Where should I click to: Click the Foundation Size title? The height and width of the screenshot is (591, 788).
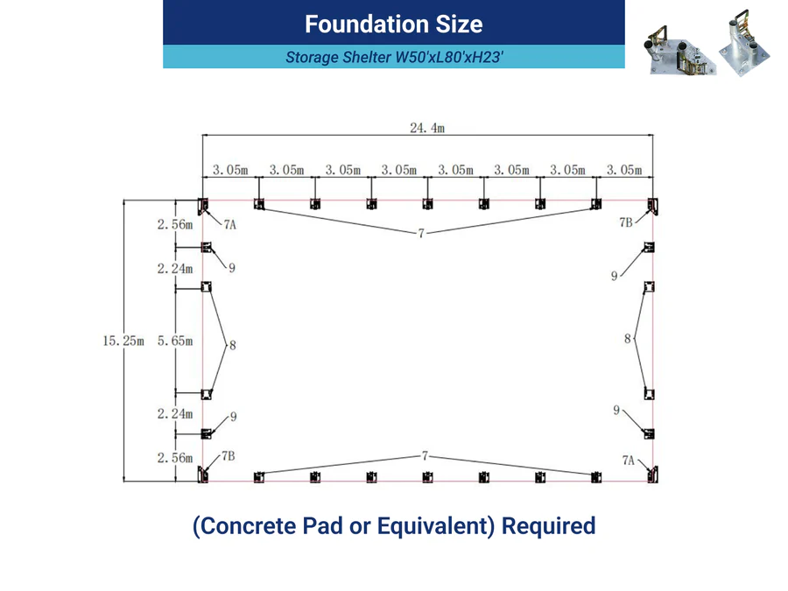point(393,25)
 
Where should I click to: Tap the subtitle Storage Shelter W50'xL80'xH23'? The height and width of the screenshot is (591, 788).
point(394,57)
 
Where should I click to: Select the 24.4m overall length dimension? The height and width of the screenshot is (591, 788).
point(427,128)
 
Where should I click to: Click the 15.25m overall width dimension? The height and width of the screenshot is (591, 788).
point(123,341)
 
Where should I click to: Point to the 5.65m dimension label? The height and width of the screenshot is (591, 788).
point(175,341)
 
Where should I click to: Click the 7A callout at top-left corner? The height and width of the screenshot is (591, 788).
point(229,225)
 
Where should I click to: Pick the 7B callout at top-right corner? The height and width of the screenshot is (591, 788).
point(626,222)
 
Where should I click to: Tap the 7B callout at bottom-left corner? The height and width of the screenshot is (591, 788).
point(229,456)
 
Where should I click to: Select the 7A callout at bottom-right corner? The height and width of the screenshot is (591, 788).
point(628,460)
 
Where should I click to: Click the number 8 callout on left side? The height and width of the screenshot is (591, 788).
point(232,345)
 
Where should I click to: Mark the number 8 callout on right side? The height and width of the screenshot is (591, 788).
point(627,339)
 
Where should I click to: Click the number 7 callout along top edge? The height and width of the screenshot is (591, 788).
point(421,233)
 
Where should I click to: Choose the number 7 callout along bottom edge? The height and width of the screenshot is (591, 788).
point(426,456)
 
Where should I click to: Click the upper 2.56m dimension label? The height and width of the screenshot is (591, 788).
point(175,225)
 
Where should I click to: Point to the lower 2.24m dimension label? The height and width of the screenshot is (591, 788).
point(175,413)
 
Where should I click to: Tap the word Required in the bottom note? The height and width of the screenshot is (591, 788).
point(549,526)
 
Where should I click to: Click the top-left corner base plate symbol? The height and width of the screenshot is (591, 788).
point(202,206)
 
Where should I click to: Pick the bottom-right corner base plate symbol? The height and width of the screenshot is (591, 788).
point(652,475)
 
